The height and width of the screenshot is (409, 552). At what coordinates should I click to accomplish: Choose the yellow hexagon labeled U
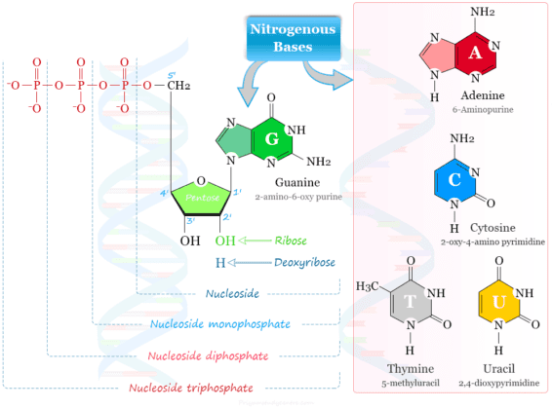[x=499, y=303]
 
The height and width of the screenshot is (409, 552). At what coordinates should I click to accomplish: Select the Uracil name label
[x=500, y=371]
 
